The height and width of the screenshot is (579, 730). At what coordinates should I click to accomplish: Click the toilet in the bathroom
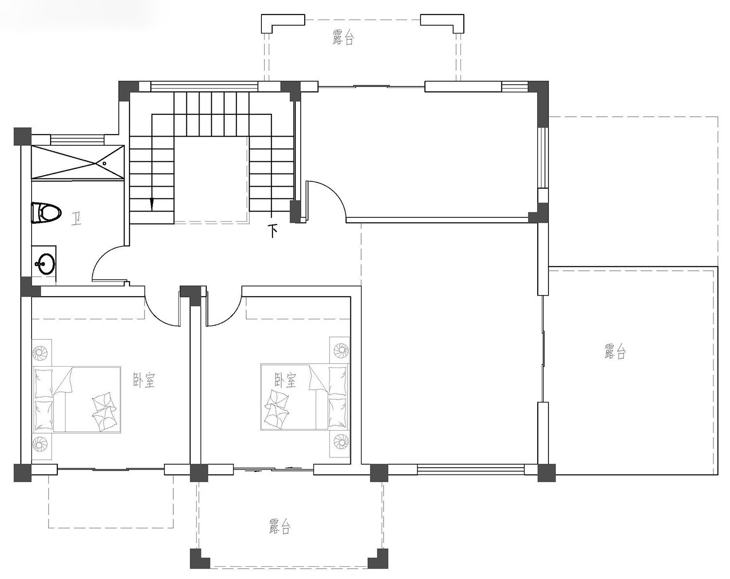coord(46,213)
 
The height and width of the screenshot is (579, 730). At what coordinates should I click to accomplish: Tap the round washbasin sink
coord(45,263)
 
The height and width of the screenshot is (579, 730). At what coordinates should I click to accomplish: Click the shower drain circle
coord(105,163)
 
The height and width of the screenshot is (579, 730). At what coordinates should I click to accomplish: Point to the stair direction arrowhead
coord(152,204)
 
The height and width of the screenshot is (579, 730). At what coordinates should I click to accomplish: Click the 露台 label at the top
coord(343,37)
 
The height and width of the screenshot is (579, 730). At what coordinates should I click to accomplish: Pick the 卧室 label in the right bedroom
coord(285,380)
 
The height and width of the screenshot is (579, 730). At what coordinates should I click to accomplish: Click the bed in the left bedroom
coord(77,399)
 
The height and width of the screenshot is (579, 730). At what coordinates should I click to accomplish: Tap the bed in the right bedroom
coord(305,397)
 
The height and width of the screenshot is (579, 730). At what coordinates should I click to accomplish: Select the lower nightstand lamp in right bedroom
coord(340,441)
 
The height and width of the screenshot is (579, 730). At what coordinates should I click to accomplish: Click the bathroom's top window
coord(76,140)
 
